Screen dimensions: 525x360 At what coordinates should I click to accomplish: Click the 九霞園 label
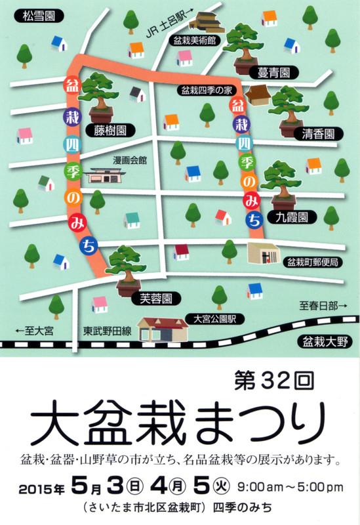(292, 215)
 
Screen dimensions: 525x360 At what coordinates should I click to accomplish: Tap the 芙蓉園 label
(155, 299)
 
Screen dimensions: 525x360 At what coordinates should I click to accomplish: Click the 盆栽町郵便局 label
(313, 262)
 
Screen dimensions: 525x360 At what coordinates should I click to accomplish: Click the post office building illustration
(264, 251)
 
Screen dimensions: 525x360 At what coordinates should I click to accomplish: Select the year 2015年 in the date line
(42, 488)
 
